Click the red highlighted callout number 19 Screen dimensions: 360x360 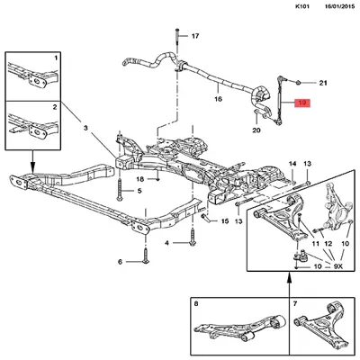[x=301, y=103]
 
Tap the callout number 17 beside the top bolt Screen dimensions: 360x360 [x=195, y=36]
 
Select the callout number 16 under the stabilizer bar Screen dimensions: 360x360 [x=218, y=99]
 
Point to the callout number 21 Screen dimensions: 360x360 [x=323, y=83]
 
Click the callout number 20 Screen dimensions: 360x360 [x=256, y=130]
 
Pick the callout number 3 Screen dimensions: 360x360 [x=85, y=129]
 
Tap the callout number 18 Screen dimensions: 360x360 [x=140, y=179]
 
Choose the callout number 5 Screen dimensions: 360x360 [x=139, y=191]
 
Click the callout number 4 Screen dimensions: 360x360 [x=166, y=243]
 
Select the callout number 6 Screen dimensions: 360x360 [x=120, y=262]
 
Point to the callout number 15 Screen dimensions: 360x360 [x=225, y=221]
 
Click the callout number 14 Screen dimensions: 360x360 [x=292, y=164]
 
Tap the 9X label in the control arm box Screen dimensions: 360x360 [x=337, y=266]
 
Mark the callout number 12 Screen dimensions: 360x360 [x=328, y=244]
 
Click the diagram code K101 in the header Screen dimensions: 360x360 [x=302, y=6]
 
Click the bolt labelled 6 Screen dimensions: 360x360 [x=146, y=256]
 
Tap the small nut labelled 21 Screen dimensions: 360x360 [x=299, y=82]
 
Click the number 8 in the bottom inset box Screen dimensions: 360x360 [x=196, y=304]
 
